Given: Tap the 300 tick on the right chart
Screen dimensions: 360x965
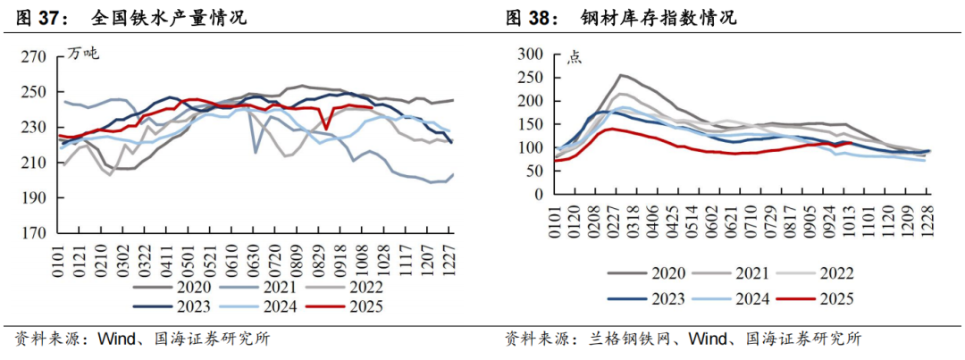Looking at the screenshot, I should [531, 54].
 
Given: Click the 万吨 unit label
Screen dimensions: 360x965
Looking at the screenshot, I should [84, 54].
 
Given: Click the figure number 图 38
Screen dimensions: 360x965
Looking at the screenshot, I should [531, 17].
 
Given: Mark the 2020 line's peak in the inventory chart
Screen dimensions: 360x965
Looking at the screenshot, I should [622, 75].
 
